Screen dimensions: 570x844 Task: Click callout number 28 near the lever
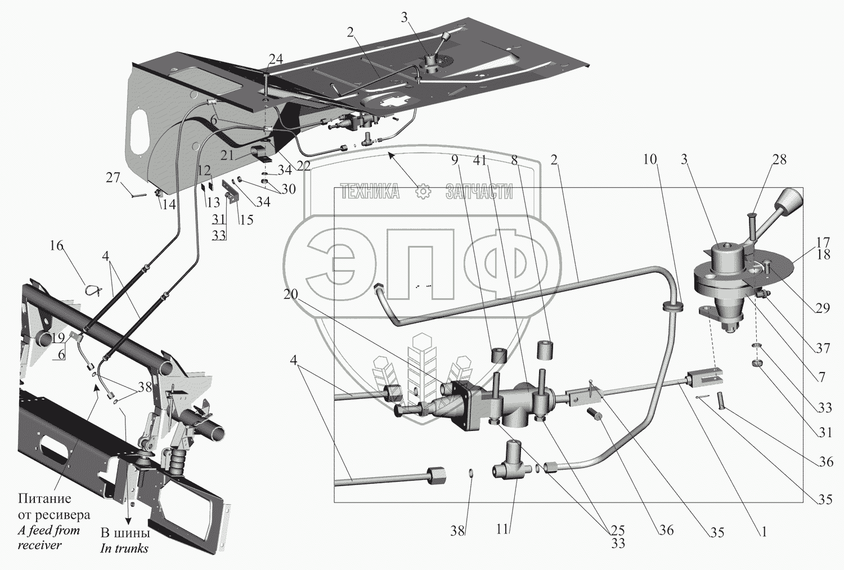779,160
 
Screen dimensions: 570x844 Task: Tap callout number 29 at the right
823,308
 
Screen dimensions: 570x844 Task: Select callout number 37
823,348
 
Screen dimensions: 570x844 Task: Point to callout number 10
650,159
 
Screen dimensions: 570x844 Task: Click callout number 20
290,294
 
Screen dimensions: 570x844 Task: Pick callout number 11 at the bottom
502,529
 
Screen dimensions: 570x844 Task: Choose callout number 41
479,160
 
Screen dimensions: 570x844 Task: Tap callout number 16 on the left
56,246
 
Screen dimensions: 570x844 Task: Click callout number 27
113,177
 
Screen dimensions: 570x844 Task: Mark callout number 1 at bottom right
763,531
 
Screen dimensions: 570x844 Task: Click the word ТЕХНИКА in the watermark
370,192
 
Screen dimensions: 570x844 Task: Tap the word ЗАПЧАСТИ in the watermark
479,192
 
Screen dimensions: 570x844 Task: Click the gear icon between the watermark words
423,192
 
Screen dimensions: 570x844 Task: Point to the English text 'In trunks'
124,549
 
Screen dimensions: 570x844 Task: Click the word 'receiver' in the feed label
39,545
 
